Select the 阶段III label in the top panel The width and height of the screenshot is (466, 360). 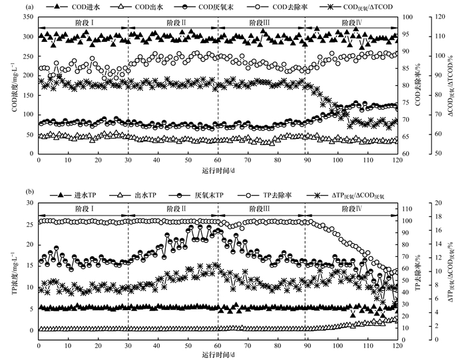pos(261,22)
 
